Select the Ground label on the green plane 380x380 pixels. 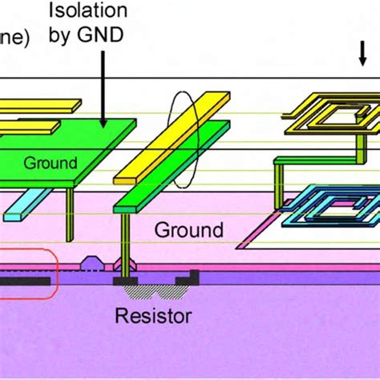click(x=50, y=163)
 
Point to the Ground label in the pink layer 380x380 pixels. click(x=188, y=231)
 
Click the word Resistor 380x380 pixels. click(x=153, y=315)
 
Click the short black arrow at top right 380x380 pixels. click(x=362, y=53)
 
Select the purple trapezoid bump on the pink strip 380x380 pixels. click(x=92, y=262)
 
